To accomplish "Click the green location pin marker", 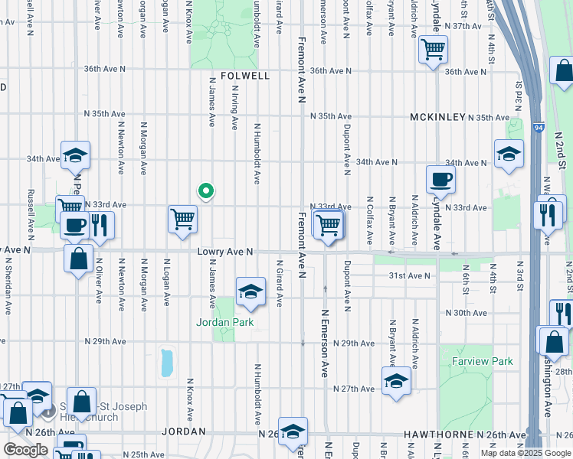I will [x=205, y=191].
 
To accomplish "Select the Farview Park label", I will [x=481, y=360].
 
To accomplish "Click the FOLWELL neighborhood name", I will [x=245, y=76].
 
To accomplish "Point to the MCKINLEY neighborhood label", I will [x=437, y=117].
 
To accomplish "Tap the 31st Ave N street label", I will [x=409, y=275].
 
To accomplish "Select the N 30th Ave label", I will [x=470, y=313].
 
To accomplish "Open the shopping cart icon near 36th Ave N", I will [x=434, y=50].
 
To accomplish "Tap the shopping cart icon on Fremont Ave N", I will [x=329, y=225].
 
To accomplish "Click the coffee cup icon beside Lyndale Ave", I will [x=441, y=180].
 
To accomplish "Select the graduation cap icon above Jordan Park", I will [x=249, y=291].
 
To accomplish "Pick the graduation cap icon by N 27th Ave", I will [x=396, y=382].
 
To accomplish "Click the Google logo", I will [x=25, y=450].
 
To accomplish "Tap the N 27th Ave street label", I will [x=353, y=389].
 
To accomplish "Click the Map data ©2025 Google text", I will [x=525, y=453].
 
